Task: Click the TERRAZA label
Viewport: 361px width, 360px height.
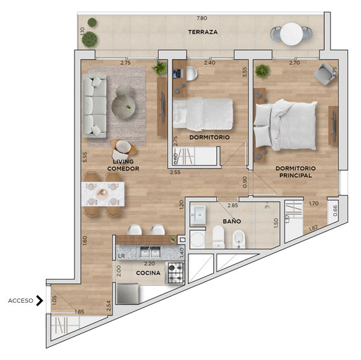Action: pos(203,32)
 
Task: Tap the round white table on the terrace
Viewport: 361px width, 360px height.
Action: pos(291,34)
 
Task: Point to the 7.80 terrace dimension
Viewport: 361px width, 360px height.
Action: pos(202,18)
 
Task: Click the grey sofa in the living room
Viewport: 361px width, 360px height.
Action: pos(95,106)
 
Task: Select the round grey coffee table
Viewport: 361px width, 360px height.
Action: pos(123,107)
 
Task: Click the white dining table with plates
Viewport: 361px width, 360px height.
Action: pos(103,194)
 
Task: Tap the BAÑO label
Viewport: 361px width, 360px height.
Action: pos(231,221)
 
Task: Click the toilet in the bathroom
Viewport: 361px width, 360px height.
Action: pos(218,237)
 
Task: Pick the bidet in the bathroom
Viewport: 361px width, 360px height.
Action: pos(239,239)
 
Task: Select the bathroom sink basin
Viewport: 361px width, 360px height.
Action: pos(198,215)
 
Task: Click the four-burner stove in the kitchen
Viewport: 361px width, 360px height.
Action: pos(176,273)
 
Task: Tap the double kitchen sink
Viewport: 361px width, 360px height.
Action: pos(150,252)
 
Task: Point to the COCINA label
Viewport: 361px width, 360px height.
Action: pos(148,273)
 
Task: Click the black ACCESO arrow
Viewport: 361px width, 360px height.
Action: pos(40,300)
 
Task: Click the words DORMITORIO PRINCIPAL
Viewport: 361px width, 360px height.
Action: pos(296,172)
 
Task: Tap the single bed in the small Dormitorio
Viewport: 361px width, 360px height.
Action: pos(203,114)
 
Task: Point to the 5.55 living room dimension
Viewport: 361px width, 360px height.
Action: pos(85,157)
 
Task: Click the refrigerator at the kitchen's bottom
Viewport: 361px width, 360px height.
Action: pos(128,294)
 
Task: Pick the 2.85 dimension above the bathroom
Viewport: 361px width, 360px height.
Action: pos(233,206)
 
